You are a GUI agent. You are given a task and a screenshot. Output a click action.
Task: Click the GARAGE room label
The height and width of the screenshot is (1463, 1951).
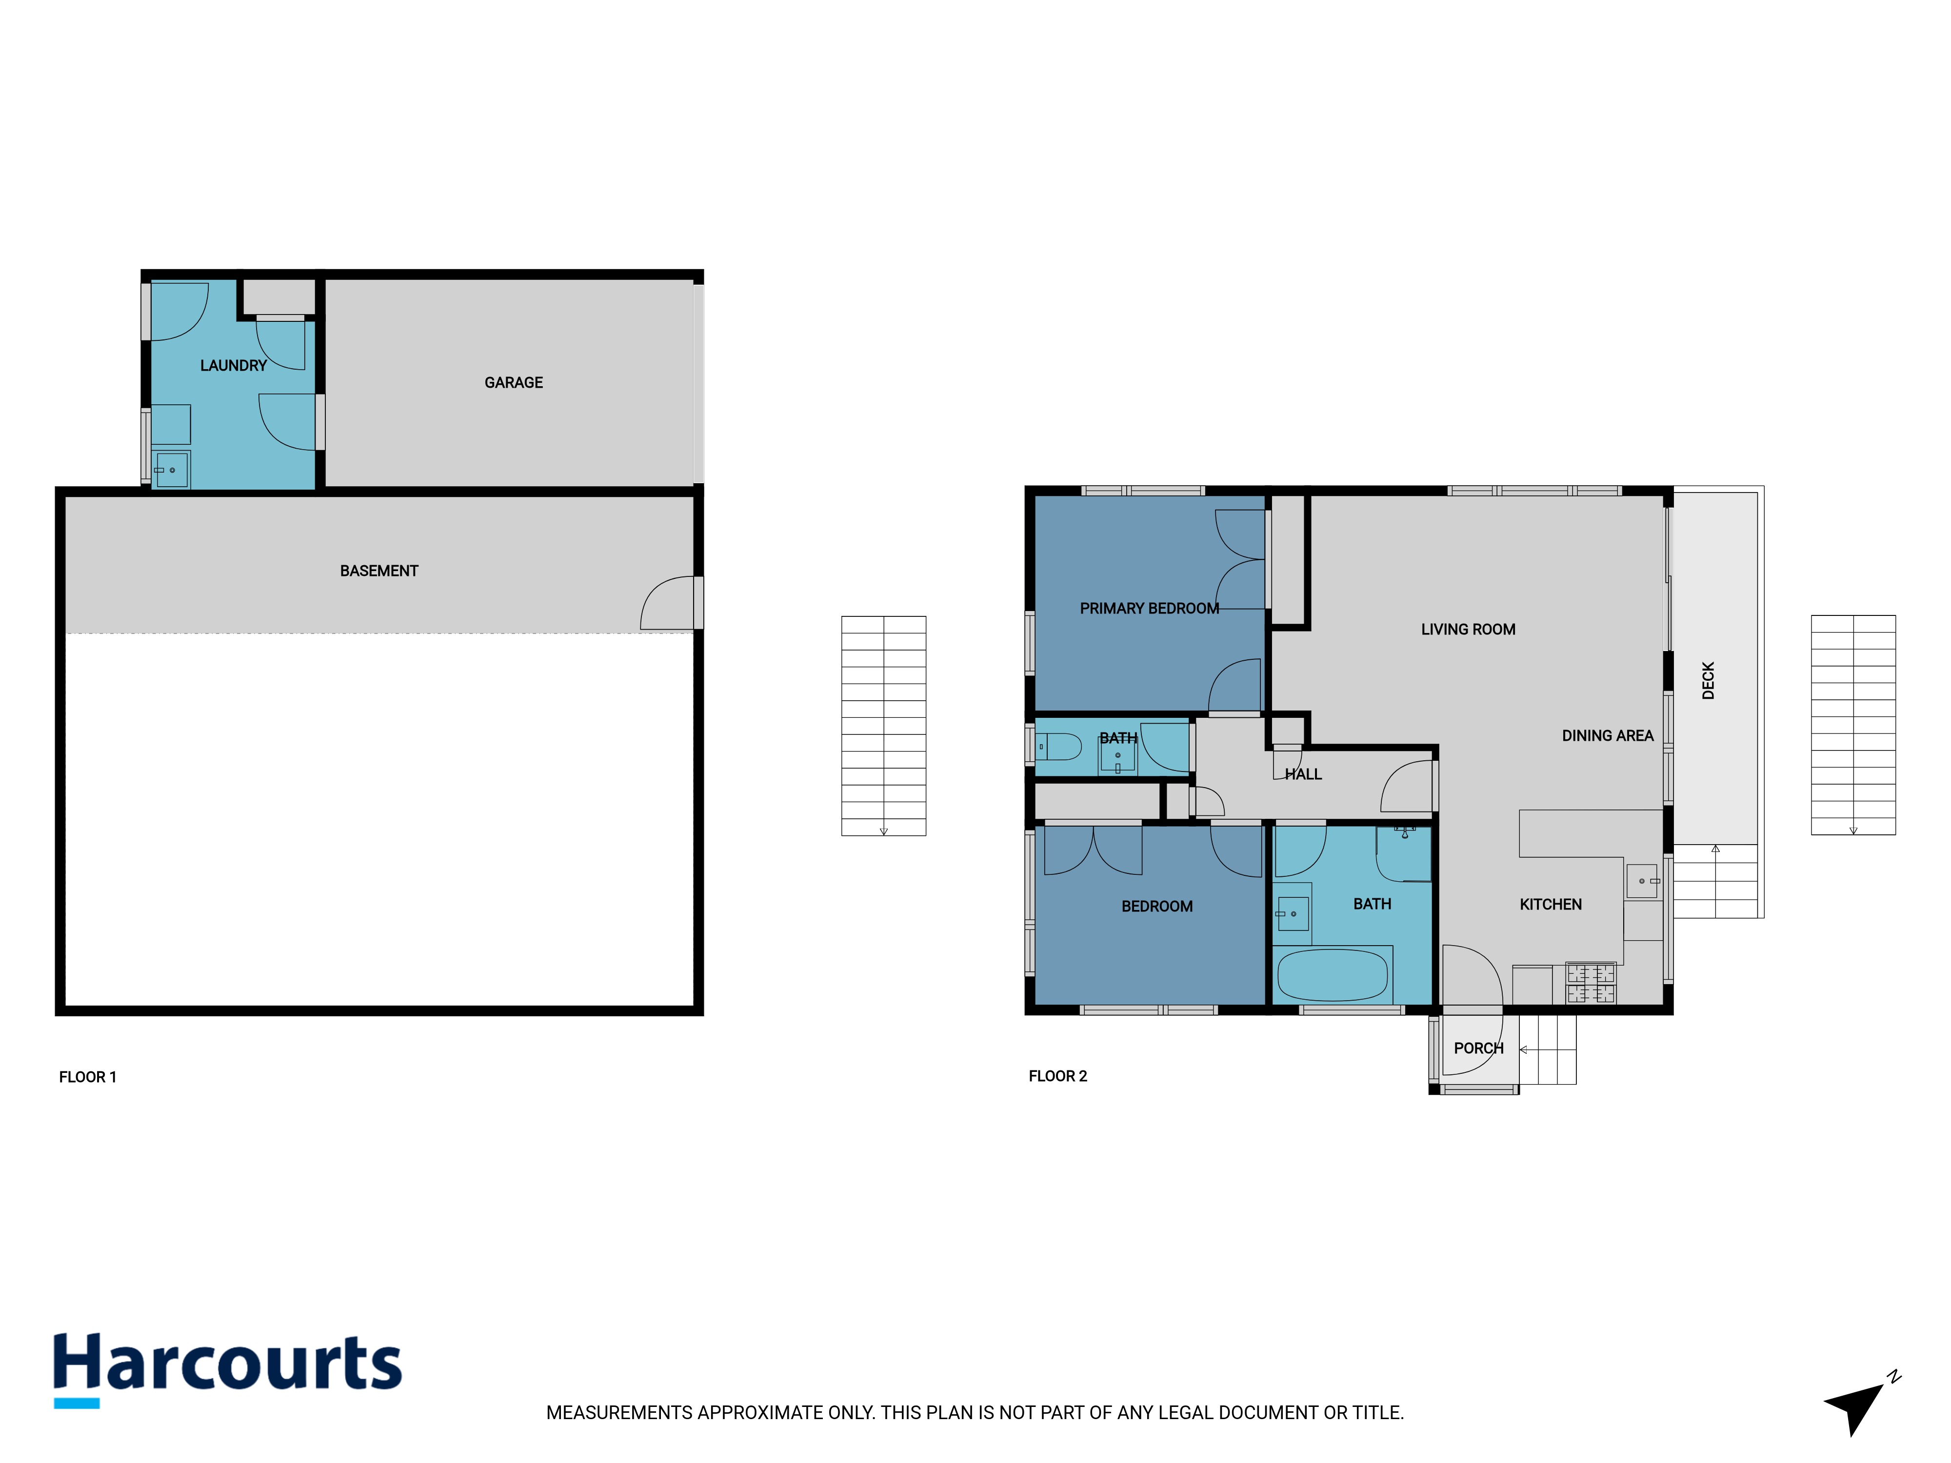[513, 383]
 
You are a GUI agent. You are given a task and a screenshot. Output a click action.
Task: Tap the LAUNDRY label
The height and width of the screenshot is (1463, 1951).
[233, 365]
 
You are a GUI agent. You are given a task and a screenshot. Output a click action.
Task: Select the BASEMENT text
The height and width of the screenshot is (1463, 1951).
[379, 571]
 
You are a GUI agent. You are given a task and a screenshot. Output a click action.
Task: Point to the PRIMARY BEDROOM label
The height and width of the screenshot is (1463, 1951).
[1149, 609]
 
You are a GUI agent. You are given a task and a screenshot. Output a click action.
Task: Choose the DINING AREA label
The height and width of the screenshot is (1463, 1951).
[1607, 735]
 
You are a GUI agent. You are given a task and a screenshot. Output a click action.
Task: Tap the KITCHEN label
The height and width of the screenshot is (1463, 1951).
[1551, 904]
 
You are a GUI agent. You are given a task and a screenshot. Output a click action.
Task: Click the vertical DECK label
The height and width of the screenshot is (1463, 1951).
[1709, 681]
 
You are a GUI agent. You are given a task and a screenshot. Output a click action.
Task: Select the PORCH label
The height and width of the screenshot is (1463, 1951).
[1478, 1048]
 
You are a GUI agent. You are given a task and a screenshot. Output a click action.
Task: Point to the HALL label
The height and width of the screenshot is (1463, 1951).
[1303, 774]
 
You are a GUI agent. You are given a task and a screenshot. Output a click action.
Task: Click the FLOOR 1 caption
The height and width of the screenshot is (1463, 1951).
[87, 1077]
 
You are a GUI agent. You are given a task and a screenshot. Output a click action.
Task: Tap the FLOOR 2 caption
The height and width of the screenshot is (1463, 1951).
[1057, 1076]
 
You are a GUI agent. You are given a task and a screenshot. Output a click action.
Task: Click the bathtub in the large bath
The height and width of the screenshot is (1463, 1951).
[1333, 974]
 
